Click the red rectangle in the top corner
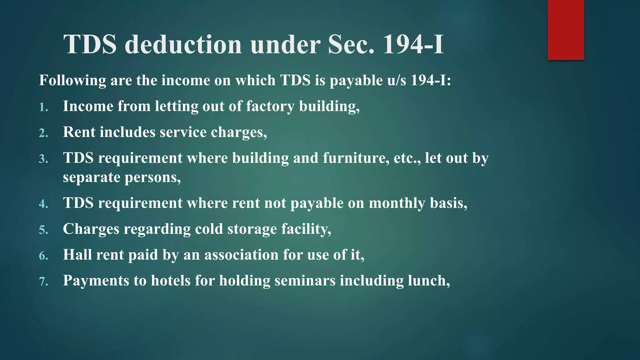pyautogui.click(x=566, y=30)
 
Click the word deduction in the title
pyautogui.click(x=183, y=44)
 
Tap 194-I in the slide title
pyautogui.click(x=413, y=44)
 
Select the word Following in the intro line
pyautogui.click(x=72, y=81)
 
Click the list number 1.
pyautogui.click(x=43, y=107)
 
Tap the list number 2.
pyautogui.click(x=43, y=133)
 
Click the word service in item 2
pyautogui.click(x=183, y=132)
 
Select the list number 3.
pyautogui.click(x=43, y=159)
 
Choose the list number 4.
pyautogui.click(x=43, y=204)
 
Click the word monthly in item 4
pyautogui.click(x=397, y=203)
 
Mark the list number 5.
pyautogui.click(x=43, y=230)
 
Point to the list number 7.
pyautogui.click(x=43, y=282)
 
